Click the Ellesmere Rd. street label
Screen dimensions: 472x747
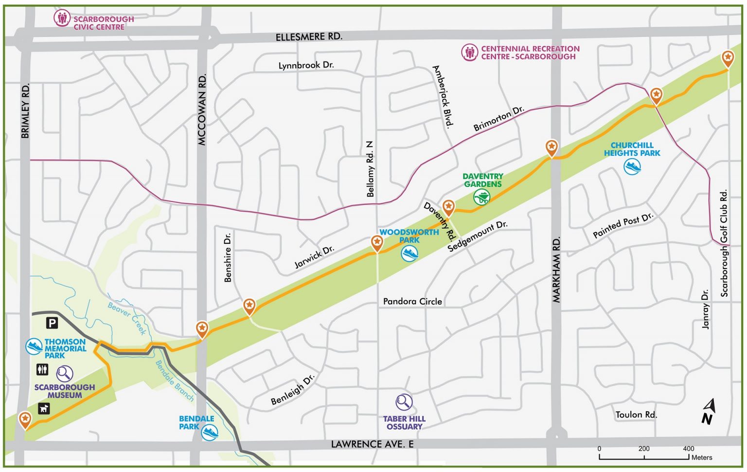(309, 37)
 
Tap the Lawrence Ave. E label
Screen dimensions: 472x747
(372, 444)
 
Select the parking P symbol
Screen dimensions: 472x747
(52, 323)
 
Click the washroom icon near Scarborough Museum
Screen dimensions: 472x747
(43, 370)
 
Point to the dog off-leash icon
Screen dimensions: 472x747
(44, 408)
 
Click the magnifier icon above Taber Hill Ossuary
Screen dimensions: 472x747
(404, 402)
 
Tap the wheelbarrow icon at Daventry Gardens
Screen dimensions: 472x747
(481, 197)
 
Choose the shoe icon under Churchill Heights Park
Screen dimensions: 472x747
(632, 166)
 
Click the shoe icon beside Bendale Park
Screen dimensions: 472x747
(210, 432)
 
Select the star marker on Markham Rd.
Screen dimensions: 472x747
(551, 146)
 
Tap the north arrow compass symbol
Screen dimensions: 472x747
(708, 411)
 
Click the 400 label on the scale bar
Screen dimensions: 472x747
(688, 449)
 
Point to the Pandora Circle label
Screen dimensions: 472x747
(412, 301)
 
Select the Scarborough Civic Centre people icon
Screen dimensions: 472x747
(62, 19)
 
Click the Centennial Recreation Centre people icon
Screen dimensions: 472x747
(469, 52)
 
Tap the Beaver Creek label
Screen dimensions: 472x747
(127, 318)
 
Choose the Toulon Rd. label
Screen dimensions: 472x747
(636, 415)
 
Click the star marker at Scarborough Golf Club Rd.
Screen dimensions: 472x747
(728, 58)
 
